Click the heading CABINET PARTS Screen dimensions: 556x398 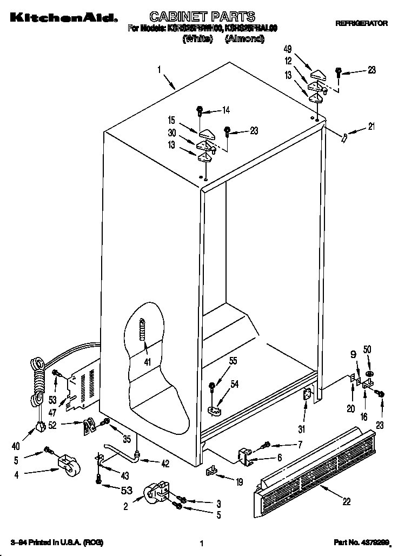(x=202, y=17)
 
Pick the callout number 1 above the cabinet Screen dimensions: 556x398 (x=160, y=69)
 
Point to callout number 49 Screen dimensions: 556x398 (x=287, y=50)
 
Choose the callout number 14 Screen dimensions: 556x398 (x=225, y=110)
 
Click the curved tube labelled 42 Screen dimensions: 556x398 (x=122, y=452)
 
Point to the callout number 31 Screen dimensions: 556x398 (x=301, y=430)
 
